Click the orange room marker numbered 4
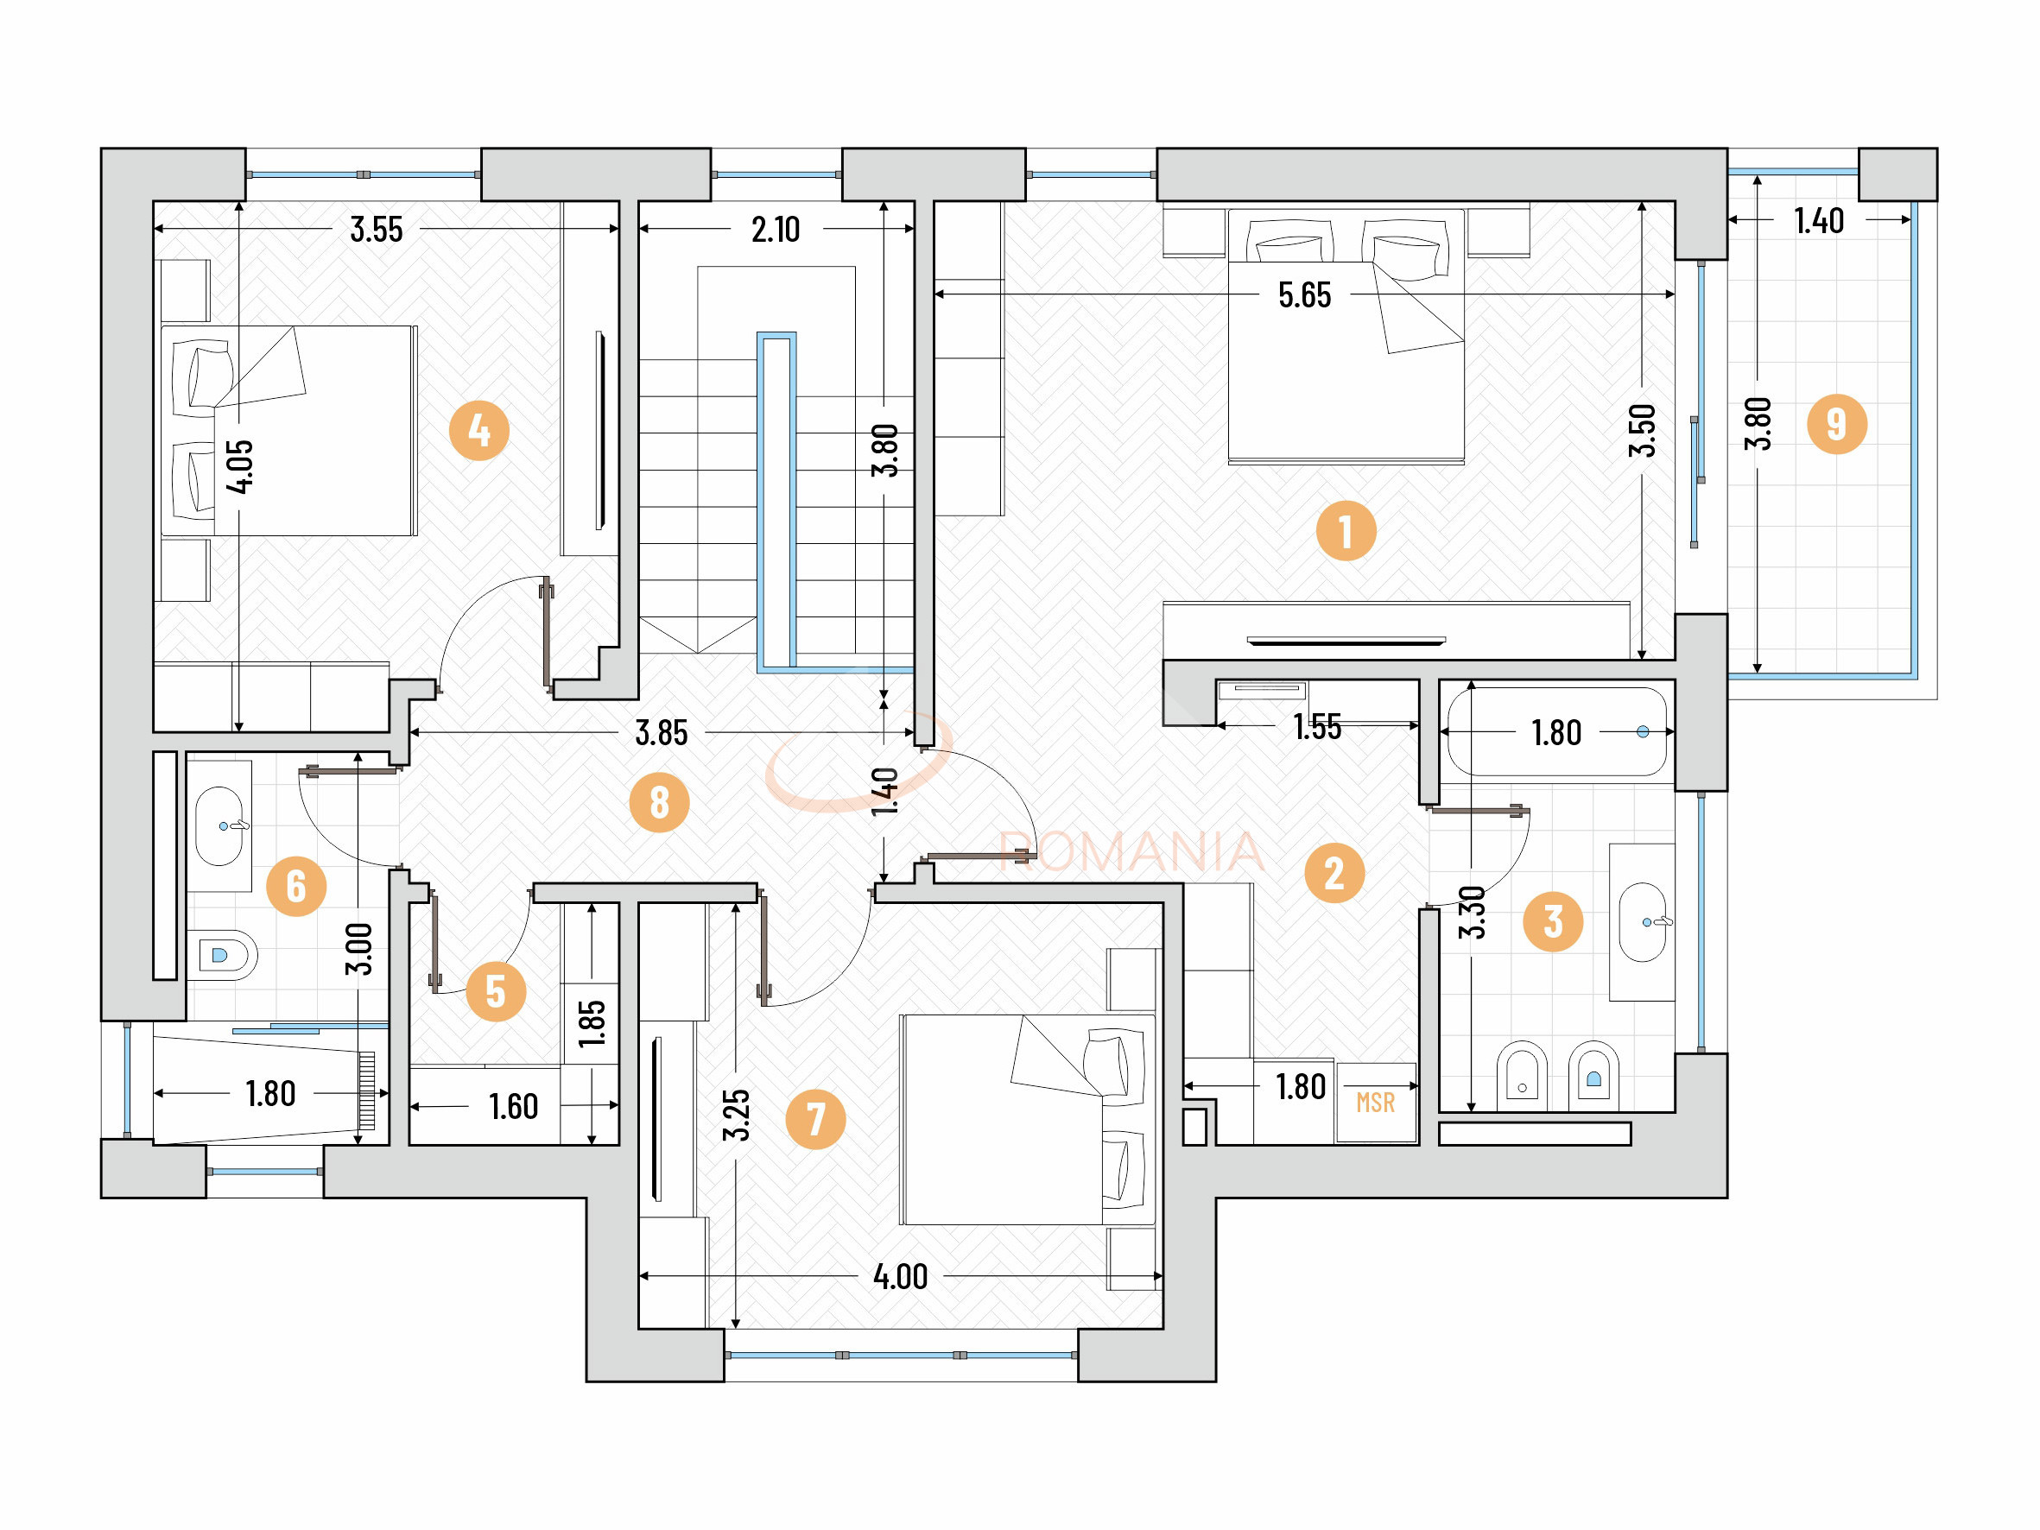tap(478, 431)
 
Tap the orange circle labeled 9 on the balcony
tap(1836, 424)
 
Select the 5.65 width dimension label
tap(1304, 295)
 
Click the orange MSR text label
tap(1375, 1102)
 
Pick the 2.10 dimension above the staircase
tap(775, 230)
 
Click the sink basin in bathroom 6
tap(219, 825)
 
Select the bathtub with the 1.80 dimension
tap(1556, 732)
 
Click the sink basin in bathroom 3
tap(1643, 922)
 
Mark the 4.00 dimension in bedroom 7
tap(900, 1277)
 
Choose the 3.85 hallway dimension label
tap(662, 733)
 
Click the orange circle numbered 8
tap(658, 802)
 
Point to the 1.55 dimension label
tap(1317, 727)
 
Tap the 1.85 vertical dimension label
tap(591, 1024)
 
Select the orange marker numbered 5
tap(495, 992)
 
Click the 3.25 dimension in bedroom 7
tap(735, 1115)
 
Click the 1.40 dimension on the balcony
tap(1818, 221)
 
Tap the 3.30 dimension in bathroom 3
tap(1472, 912)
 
